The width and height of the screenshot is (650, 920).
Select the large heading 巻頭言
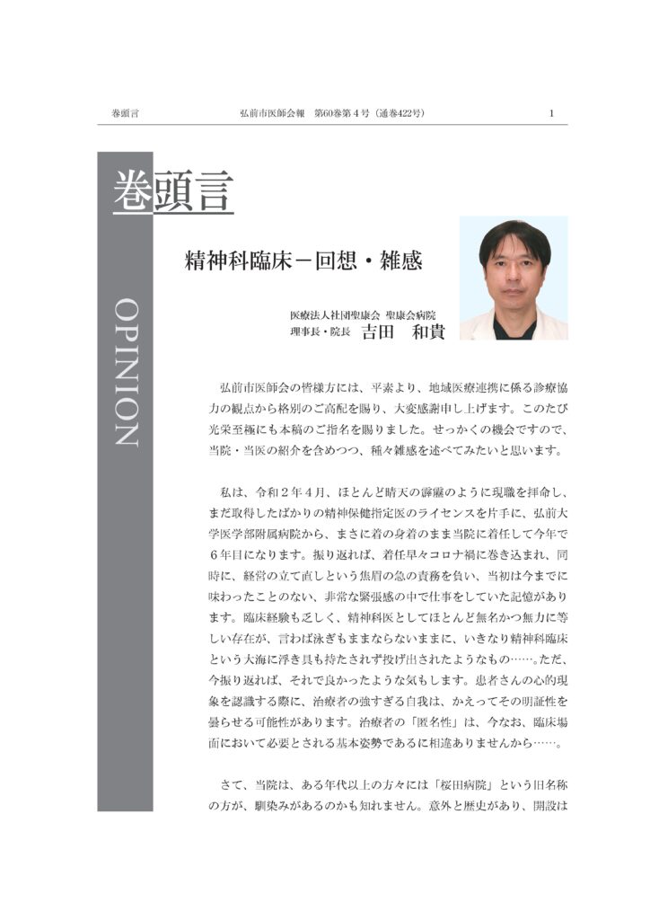pyautogui.click(x=173, y=190)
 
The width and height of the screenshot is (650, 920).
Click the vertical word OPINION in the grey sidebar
pyautogui.click(x=126, y=372)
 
